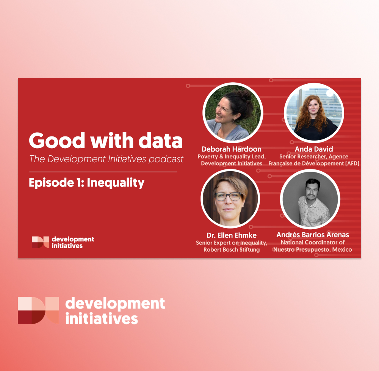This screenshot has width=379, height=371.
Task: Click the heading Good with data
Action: tap(106, 140)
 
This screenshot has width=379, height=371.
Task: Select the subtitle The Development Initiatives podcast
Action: tap(106, 159)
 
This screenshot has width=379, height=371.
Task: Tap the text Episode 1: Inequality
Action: tap(86, 183)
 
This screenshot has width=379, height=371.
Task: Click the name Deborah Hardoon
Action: tap(232, 149)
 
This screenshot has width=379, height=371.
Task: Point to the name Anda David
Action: tap(314, 149)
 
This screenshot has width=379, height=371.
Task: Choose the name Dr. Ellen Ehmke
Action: tap(232, 235)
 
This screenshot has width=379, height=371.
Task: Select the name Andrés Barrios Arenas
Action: tap(313, 235)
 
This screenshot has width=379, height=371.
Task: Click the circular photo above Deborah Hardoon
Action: tap(233, 113)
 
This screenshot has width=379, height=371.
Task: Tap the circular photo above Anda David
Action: tap(314, 113)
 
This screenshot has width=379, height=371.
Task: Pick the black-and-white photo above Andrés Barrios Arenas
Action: tap(310, 199)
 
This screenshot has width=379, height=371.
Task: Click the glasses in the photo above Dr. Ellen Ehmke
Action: tap(229, 196)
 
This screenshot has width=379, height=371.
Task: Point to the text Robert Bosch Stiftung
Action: tap(232, 249)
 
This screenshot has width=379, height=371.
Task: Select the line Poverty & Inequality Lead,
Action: tap(232, 157)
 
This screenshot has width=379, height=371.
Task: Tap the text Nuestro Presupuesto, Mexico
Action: tap(313, 249)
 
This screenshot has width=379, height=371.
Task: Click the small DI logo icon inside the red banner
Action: tap(41, 242)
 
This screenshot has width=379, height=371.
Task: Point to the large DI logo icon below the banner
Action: tap(38, 310)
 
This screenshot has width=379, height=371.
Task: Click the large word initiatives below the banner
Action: tap(102, 319)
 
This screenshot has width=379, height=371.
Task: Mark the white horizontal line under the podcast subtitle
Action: tap(103, 172)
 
